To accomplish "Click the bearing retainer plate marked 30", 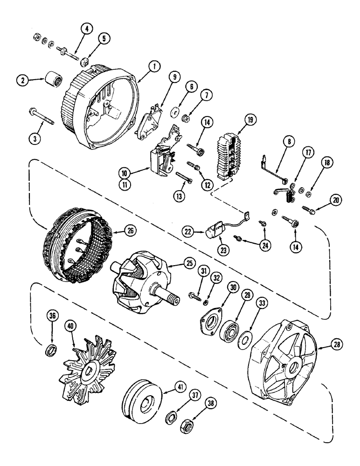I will click(x=209, y=322).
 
